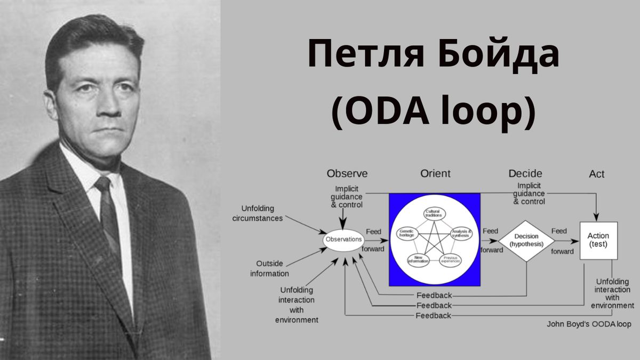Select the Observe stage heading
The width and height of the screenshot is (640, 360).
point(347,174)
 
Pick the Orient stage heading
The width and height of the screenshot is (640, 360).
point(435,174)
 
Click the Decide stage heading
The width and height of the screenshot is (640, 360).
point(525,174)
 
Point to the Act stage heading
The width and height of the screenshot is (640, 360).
point(597,174)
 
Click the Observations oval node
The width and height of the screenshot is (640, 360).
point(343,240)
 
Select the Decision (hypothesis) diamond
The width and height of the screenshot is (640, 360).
point(526,241)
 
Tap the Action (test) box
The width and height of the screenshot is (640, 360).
point(598,241)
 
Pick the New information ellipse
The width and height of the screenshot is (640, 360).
point(418,260)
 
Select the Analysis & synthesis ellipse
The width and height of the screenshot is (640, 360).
point(461,233)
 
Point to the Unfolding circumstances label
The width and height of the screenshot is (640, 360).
point(262,214)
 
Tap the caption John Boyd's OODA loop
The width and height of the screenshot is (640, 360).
point(589,324)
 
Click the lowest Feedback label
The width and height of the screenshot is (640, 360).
point(434,316)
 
